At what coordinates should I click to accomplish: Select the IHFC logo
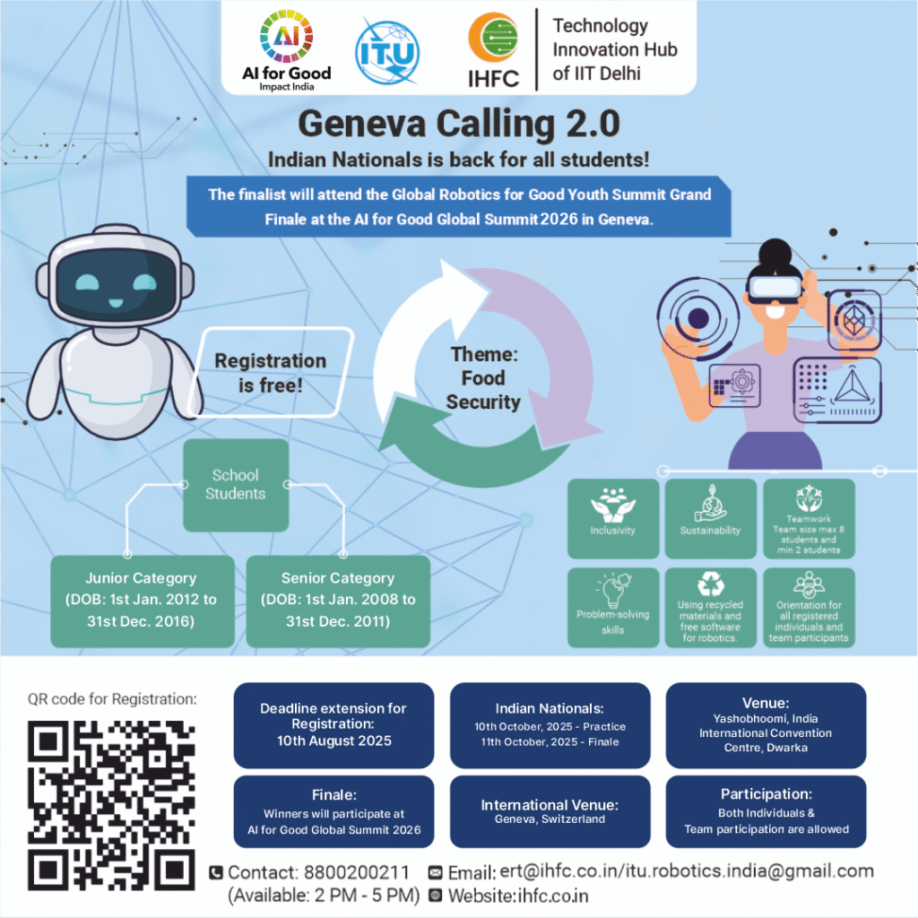[493, 49]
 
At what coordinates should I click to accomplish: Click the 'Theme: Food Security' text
[483, 378]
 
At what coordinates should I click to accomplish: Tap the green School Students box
[235, 484]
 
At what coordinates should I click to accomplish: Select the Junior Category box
[141, 600]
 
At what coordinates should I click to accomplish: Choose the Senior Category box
[338, 600]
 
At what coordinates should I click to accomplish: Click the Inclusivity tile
[612, 518]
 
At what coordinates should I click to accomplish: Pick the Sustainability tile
[710, 518]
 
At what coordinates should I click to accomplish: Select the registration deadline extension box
[333, 724]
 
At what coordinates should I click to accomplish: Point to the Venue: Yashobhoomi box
[766, 724]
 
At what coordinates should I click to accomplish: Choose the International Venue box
[550, 811]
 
